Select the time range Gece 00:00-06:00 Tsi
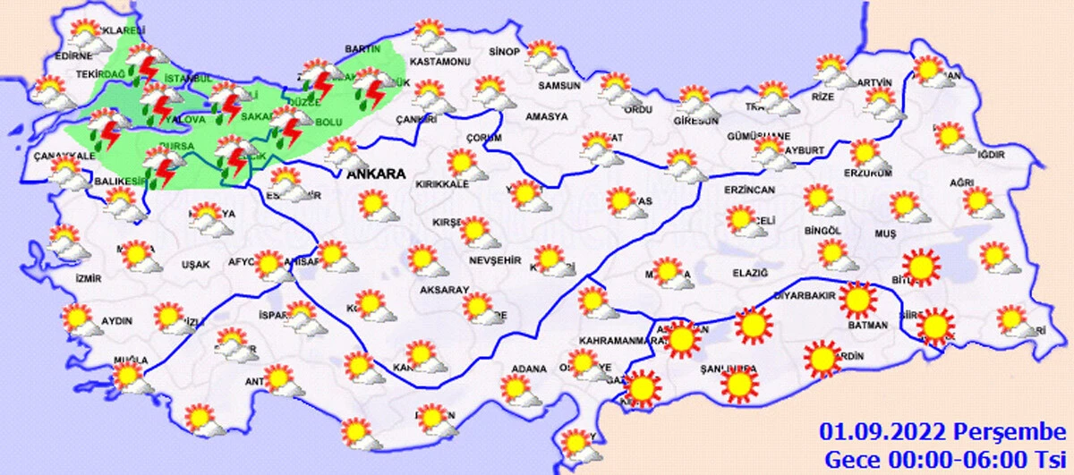(946, 458)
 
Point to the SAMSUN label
(560, 86)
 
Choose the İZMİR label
(89, 278)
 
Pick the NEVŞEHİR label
(494, 260)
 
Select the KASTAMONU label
(439, 62)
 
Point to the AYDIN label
(117, 321)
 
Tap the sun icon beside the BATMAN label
(858, 301)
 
